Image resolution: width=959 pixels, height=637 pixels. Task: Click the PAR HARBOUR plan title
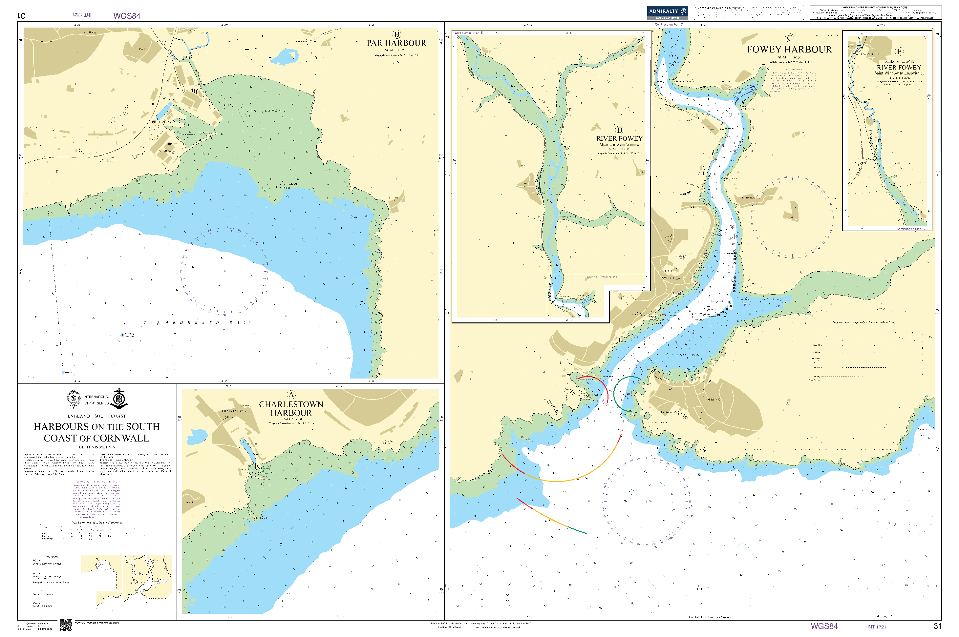[396, 43]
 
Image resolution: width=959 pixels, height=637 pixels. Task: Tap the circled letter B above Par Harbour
[396, 34]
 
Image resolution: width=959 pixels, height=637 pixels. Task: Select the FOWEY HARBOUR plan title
[789, 50]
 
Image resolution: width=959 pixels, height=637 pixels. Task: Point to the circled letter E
[899, 51]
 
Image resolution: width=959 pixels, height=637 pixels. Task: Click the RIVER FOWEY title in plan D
[619, 138]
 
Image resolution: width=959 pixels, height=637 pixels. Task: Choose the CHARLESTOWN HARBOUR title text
[291, 408]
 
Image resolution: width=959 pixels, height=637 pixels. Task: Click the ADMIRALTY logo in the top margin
[667, 12]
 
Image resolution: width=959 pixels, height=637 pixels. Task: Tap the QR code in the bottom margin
[66, 625]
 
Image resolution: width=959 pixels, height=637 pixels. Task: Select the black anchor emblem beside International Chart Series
[119, 399]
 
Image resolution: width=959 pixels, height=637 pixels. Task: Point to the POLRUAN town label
[712, 400]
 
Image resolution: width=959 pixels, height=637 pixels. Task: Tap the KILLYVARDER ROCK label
[289, 186]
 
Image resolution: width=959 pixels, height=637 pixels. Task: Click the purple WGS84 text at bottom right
[824, 626]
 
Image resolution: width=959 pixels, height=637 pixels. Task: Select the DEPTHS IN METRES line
[97, 447]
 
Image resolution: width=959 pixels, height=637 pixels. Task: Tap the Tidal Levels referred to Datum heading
[97, 523]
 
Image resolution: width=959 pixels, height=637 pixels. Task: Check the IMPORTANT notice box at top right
[875, 12]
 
